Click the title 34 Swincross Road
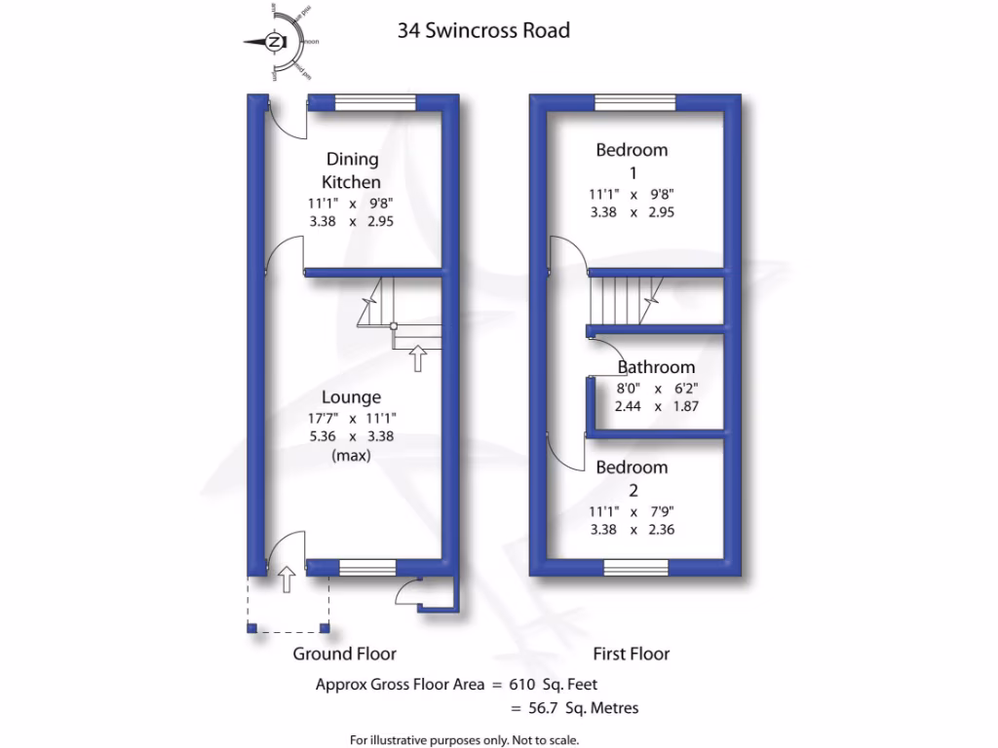click(483, 30)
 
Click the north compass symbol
click(276, 42)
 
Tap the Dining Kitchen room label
click(352, 170)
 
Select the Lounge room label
click(351, 397)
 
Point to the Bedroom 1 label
click(632, 161)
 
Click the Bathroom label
click(657, 367)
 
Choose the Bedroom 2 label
click(632, 478)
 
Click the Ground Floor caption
click(345, 654)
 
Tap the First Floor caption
click(632, 654)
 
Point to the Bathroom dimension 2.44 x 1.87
click(657, 406)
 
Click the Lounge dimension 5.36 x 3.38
click(351, 436)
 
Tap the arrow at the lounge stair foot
click(417, 357)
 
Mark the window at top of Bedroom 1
click(635, 101)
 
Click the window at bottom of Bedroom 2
click(635, 567)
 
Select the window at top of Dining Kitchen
click(375, 101)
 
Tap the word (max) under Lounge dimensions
click(351, 455)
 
